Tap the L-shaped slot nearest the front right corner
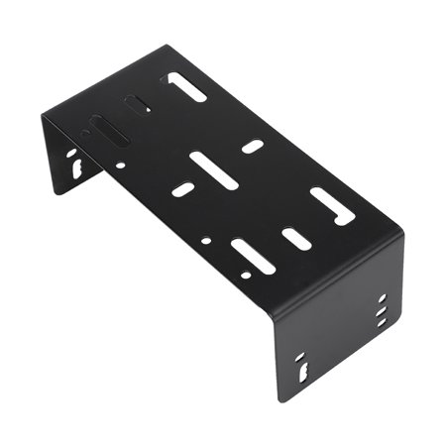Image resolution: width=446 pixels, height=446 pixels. (332, 205)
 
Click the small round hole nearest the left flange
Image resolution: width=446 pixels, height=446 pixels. (120, 166)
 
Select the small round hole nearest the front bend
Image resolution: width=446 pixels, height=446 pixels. (205, 240)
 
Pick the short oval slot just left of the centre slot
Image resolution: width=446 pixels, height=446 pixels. (182, 188)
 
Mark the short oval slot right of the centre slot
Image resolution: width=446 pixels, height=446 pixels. (253, 147)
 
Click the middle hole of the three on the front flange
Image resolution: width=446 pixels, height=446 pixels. (383, 309)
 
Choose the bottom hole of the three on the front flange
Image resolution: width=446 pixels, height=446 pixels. (383, 321)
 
